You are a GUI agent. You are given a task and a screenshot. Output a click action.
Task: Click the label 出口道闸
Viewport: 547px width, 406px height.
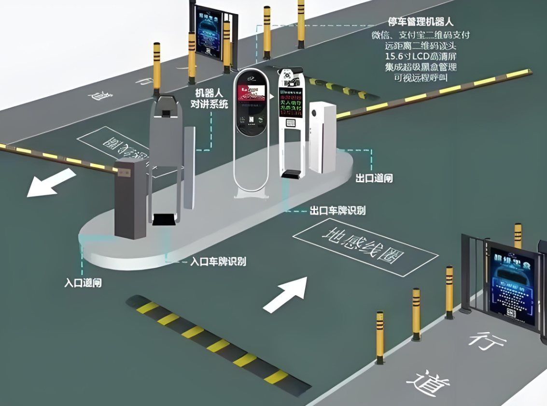(x=374, y=178)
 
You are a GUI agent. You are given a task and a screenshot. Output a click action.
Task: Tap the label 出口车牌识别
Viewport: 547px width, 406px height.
(x=337, y=211)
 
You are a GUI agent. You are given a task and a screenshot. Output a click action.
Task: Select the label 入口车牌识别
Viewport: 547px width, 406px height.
(x=218, y=261)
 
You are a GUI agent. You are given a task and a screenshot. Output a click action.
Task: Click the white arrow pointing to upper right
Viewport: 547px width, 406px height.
(x=287, y=293)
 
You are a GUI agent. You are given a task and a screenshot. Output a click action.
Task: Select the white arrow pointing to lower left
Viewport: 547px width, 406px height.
(x=50, y=183)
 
